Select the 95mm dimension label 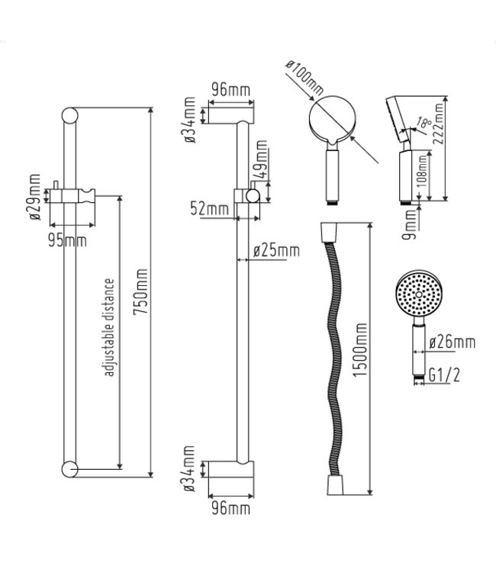click(x=68, y=240)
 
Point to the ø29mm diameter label click(x=35, y=198)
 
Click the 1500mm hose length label click(x=361, y=358)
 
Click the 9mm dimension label click(x=412, y=223)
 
